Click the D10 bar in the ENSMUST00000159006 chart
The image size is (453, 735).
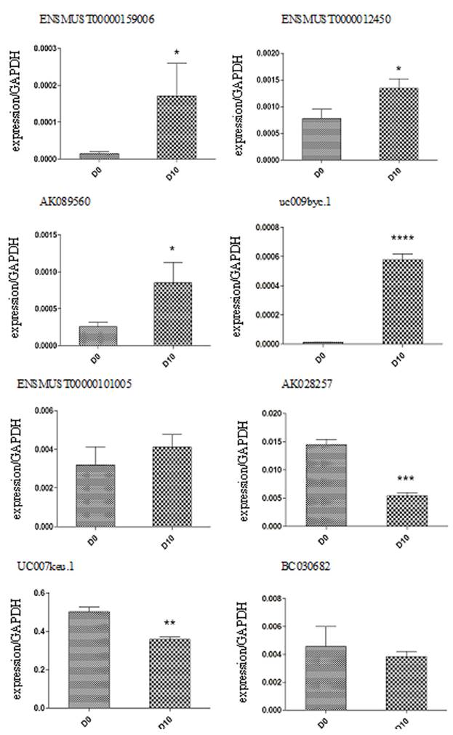point(175,127)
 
